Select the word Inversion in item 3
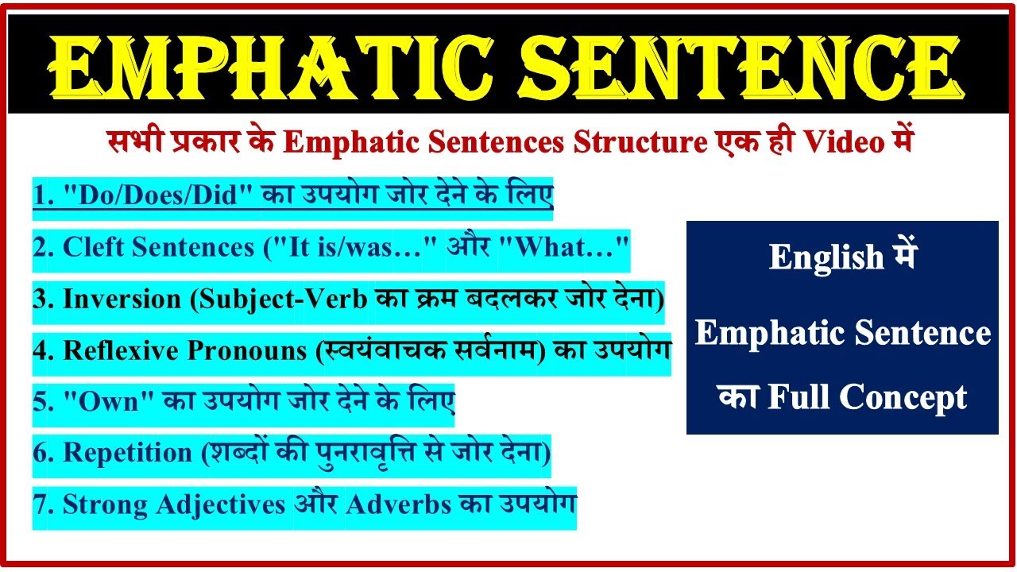coord(122,300)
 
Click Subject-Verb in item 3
coord(282,300)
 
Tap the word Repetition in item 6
coord(127,453)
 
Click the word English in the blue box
coord(826,257)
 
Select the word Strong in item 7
coord(108,504)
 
